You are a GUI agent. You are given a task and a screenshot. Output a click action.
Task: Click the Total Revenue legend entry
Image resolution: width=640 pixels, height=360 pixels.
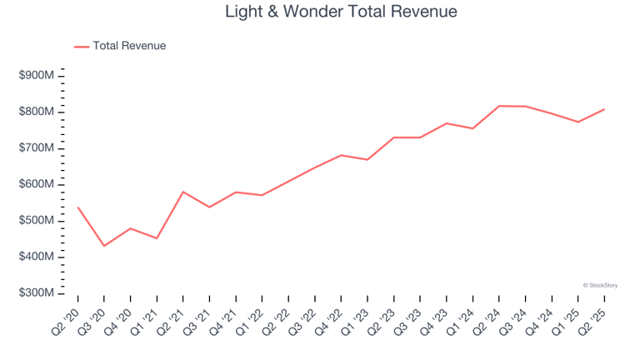[129, 46]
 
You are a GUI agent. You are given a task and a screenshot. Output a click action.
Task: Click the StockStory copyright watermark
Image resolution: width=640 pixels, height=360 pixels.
[600, 285]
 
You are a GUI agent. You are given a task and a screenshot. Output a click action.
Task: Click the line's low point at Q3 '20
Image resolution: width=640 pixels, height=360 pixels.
[104, 246]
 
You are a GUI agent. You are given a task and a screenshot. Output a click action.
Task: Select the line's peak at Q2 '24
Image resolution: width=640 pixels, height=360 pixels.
[499, 106]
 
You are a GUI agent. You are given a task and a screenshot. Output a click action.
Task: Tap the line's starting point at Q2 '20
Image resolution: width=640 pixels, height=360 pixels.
[77, 207]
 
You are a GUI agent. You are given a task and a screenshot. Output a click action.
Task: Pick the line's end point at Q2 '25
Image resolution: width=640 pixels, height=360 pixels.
[604, 109]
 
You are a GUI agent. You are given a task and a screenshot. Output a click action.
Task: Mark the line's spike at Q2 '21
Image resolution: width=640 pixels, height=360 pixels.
[183, 192]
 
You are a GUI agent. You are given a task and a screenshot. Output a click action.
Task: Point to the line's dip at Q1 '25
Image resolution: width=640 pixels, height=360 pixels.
[577, 122]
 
